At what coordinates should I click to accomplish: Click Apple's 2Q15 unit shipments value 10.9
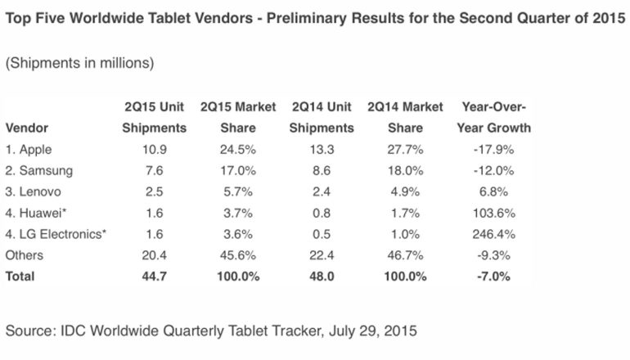(x=154, y=149)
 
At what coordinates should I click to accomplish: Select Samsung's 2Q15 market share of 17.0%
(x=237, y=170)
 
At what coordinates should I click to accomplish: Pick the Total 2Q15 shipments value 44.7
(x=154, y=277)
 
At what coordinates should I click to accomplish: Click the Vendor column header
(x=25, y=128)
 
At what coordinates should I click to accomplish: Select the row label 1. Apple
(x=29, y=149)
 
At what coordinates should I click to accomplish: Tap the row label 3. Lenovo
(x=34, y=191)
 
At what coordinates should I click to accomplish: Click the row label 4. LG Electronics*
(x=56, y=234)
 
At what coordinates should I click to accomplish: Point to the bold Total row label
(x=20, y=277)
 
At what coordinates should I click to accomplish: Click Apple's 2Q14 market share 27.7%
(x=406, y=149)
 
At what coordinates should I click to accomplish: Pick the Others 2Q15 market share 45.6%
(x=237, y=255)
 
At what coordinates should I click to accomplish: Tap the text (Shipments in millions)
(x=79, y=63)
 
